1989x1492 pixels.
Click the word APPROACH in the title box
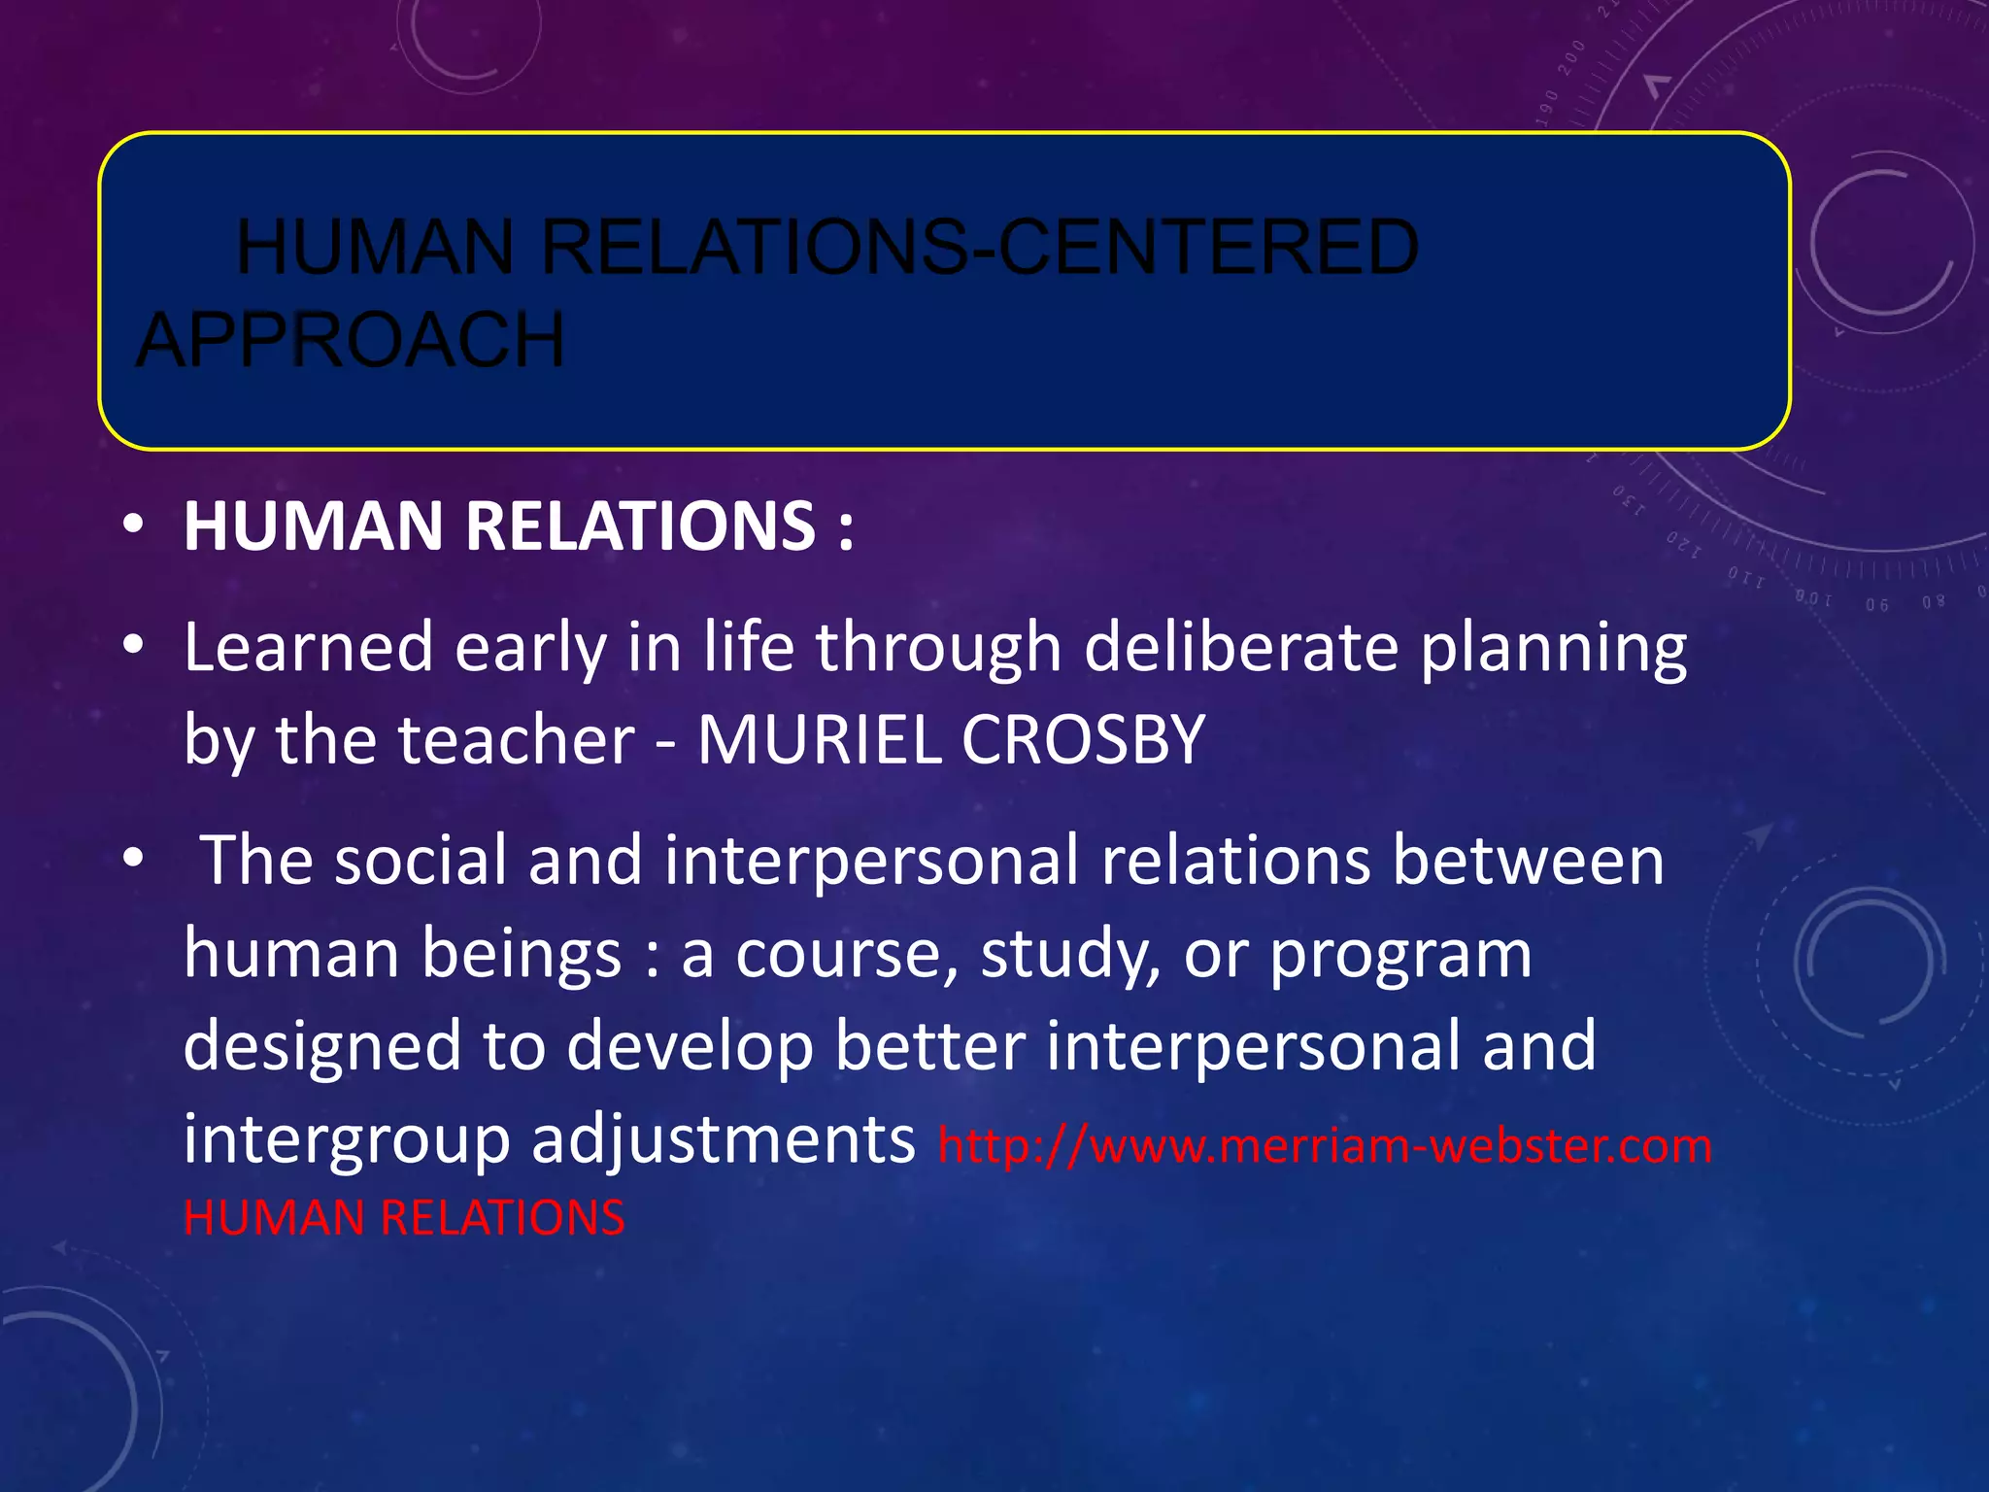click(350, 340)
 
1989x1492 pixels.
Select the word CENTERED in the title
click(1208, 248)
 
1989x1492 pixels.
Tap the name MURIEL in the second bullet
click(820, 740)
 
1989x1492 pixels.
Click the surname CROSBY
click(1083, 740)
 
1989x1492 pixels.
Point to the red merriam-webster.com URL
click(1325, 1145)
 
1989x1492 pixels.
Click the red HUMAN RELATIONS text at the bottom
click(404, 1217)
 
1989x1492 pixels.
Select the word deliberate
click(1240, 647)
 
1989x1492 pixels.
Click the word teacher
click(517, 740)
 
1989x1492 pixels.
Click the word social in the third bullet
click(421, 861)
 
